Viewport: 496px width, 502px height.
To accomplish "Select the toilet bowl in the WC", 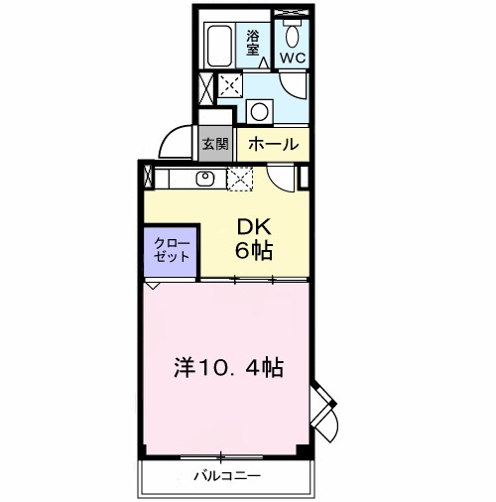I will (294, 38).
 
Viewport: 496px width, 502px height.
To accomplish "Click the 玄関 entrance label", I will (215, 144).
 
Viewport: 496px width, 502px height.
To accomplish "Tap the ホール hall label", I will (274, 144).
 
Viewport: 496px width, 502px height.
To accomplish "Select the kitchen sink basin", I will (206, 179).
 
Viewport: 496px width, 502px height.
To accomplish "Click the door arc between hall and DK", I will (284, 177).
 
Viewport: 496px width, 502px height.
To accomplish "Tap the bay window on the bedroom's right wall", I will (323, 407).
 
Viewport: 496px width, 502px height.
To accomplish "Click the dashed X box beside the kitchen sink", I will (241, 179).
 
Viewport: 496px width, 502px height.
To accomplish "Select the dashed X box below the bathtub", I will (229, 85).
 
